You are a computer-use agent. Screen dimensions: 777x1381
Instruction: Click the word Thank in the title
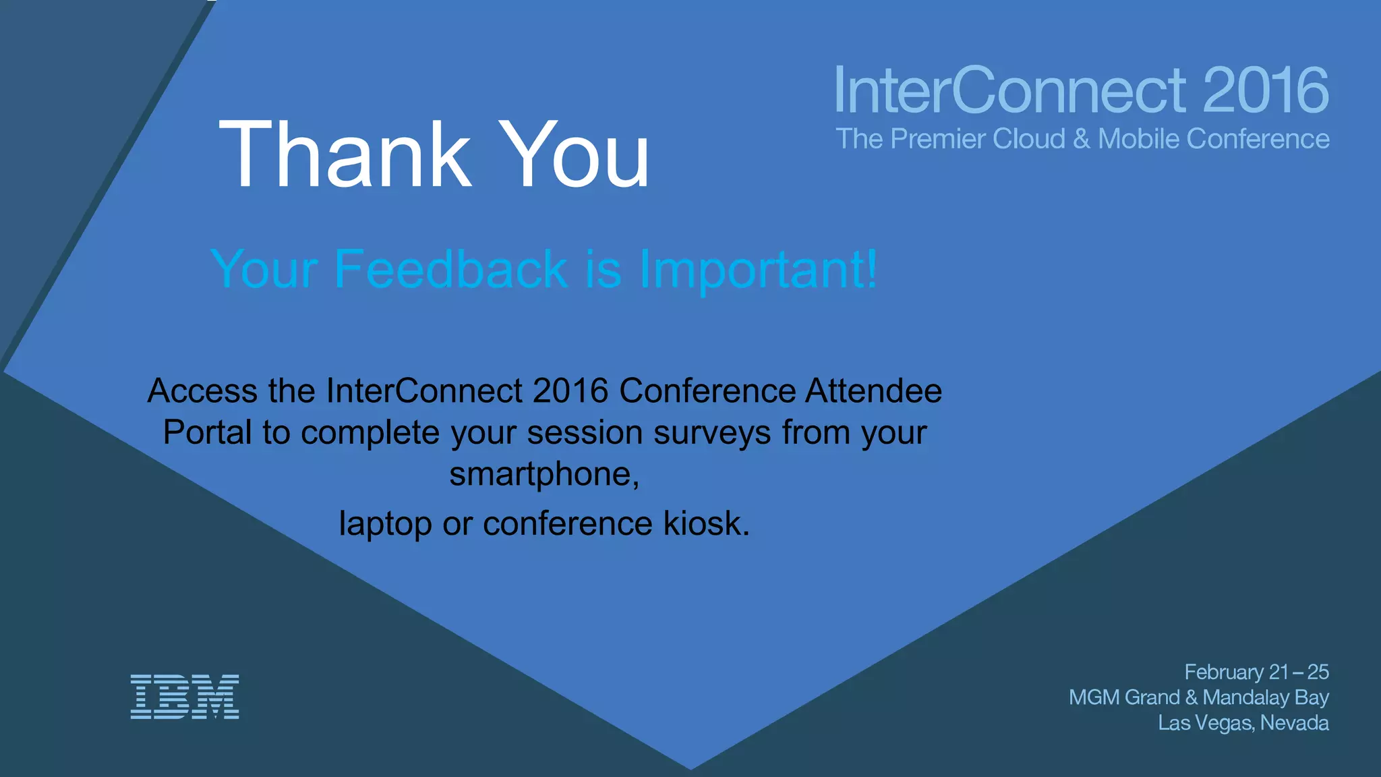(x=345, y=154)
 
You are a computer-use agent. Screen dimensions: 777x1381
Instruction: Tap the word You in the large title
(x=577, y=154)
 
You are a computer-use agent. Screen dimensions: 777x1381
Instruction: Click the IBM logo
(x=185, y=697)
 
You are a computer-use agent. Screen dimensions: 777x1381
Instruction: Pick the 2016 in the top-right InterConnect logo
(x=1265, y=90)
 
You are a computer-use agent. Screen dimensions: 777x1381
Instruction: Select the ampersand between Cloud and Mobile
(x=1082, y=139)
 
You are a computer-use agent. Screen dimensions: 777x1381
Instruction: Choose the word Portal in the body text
(x=208, y=432)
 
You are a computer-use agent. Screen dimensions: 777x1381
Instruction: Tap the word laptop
(x=385, y=525)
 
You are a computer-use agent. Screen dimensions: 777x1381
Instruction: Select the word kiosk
(x=705, y=523)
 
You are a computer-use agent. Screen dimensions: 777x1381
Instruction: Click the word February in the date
(x=1224, y=672)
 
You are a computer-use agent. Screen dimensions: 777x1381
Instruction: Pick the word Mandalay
(x=1245, y=697)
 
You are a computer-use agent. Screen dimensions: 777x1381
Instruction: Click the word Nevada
(x=1294, y=723)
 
